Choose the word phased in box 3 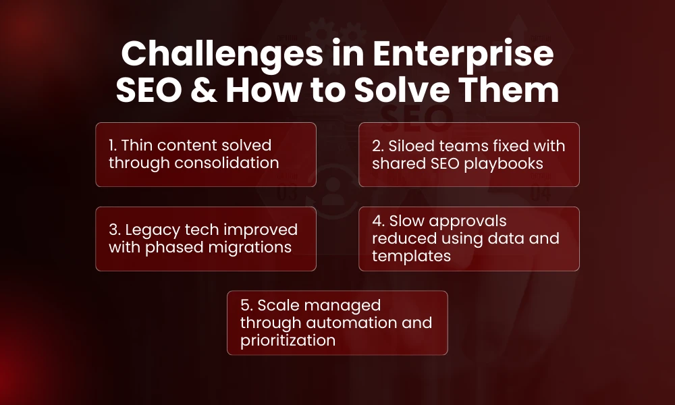(x=171, y=247)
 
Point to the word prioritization (x=288, y=340)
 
